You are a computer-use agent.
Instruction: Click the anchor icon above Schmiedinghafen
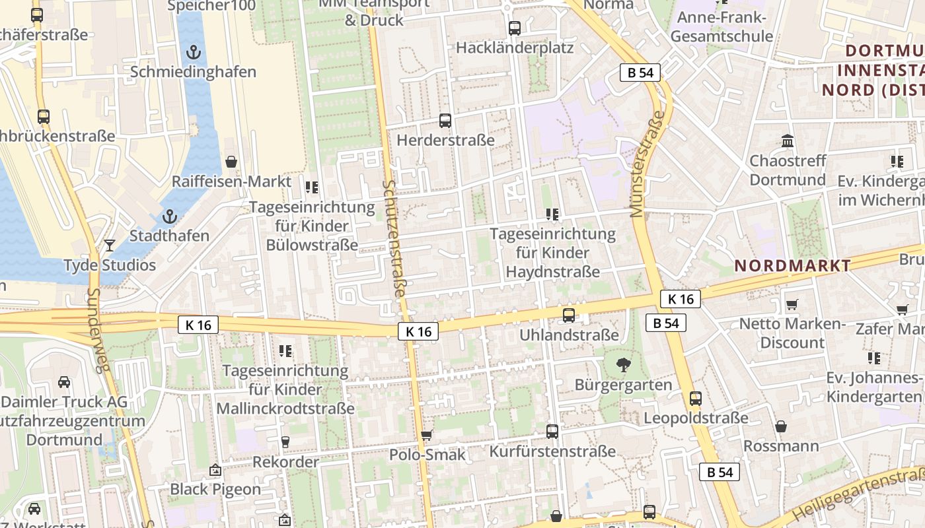coord(193,51)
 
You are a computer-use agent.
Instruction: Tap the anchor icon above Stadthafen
coord(170,216)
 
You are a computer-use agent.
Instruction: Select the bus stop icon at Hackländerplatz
coord(515,28)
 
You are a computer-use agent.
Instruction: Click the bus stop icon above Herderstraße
coord(445,121)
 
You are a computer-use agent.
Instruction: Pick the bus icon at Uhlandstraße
coord(568,315)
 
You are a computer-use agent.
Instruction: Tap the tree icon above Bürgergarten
coord(623,365)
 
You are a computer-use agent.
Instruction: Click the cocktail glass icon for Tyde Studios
coord(110,246)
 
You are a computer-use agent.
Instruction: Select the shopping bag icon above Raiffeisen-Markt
coord(231,162)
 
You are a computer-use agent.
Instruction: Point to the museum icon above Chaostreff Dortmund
coord(788,141)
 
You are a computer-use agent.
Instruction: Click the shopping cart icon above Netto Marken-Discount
coord(792,304)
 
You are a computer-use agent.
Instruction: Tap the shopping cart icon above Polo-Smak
coord(427,435)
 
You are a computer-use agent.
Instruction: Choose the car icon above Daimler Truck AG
coord(64,382)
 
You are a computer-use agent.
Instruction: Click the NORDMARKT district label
coord(793,266)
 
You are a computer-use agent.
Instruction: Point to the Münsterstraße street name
coord(647,164)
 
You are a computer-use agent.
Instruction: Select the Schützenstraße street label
coord(394,238)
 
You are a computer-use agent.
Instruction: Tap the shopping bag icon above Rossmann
coord(781,426)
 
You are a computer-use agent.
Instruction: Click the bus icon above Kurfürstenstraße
coord(552,432)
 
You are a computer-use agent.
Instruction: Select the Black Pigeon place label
coord(215,489)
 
